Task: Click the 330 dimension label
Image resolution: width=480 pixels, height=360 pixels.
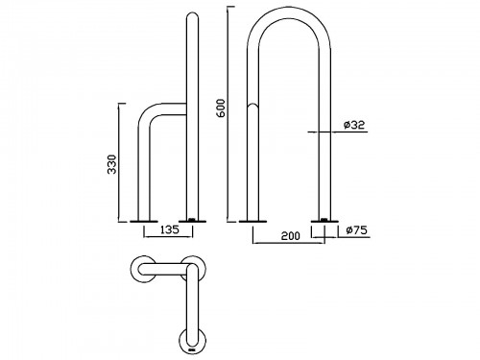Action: pos(112,164)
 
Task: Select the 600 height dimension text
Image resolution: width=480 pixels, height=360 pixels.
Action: pos(221,108)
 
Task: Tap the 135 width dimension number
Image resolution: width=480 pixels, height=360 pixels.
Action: pos(170,229)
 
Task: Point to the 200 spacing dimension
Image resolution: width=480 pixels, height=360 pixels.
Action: pos(291,236)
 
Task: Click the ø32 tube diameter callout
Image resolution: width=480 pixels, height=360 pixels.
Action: pos(354,125)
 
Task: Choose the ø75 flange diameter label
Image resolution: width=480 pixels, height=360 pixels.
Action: pos(357,229)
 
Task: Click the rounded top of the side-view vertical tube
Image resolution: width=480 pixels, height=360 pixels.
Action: pos(192,15)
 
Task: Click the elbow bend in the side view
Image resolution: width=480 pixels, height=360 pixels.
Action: pos(147,112)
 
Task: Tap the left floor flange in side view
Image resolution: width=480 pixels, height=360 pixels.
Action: pos(144,221)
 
